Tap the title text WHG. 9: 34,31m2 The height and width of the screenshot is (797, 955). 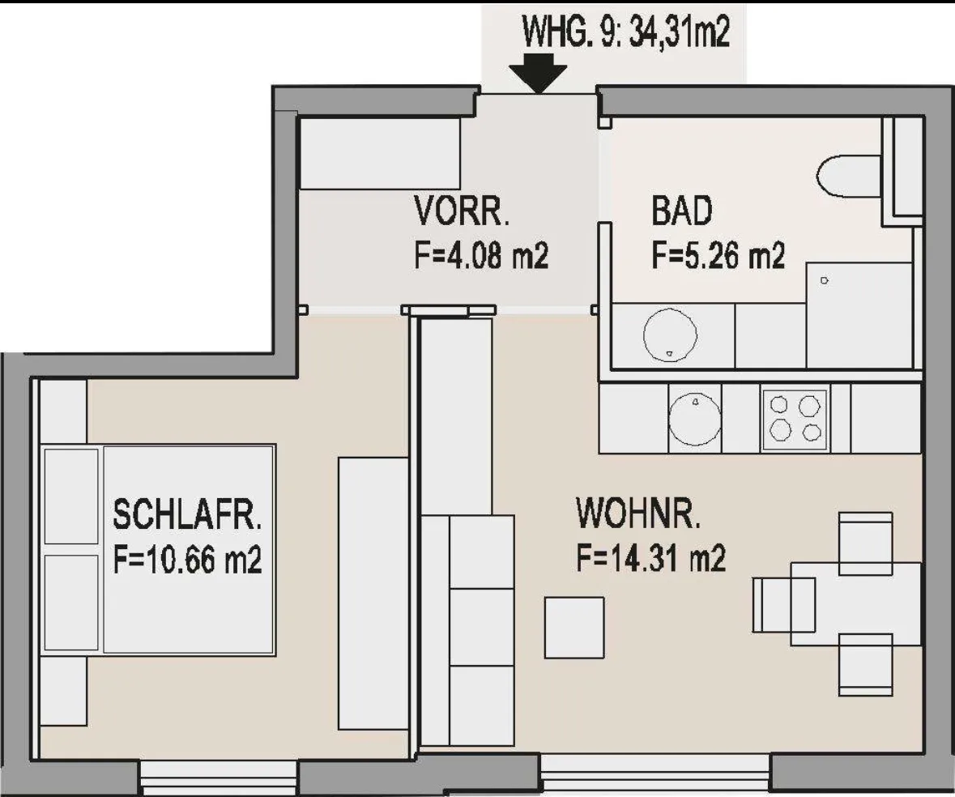[626, 32]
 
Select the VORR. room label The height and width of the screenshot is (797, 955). [462, 211]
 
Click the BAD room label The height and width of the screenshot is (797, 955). [681, 211]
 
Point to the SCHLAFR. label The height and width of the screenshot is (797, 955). [187, 514]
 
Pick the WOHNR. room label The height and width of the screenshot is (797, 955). [638, 513]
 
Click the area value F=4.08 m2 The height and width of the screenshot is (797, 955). [481, 256]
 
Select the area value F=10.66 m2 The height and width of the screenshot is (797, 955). [188, 559]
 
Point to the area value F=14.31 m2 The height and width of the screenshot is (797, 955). [651, 558]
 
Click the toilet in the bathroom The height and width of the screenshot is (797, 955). [848, 177]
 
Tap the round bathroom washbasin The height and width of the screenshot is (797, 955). [670, 335]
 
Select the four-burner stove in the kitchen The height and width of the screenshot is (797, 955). [795, 420]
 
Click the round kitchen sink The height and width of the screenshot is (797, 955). [695, 418]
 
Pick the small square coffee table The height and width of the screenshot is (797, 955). [574, 627]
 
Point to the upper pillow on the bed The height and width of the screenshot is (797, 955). [71, 496]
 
